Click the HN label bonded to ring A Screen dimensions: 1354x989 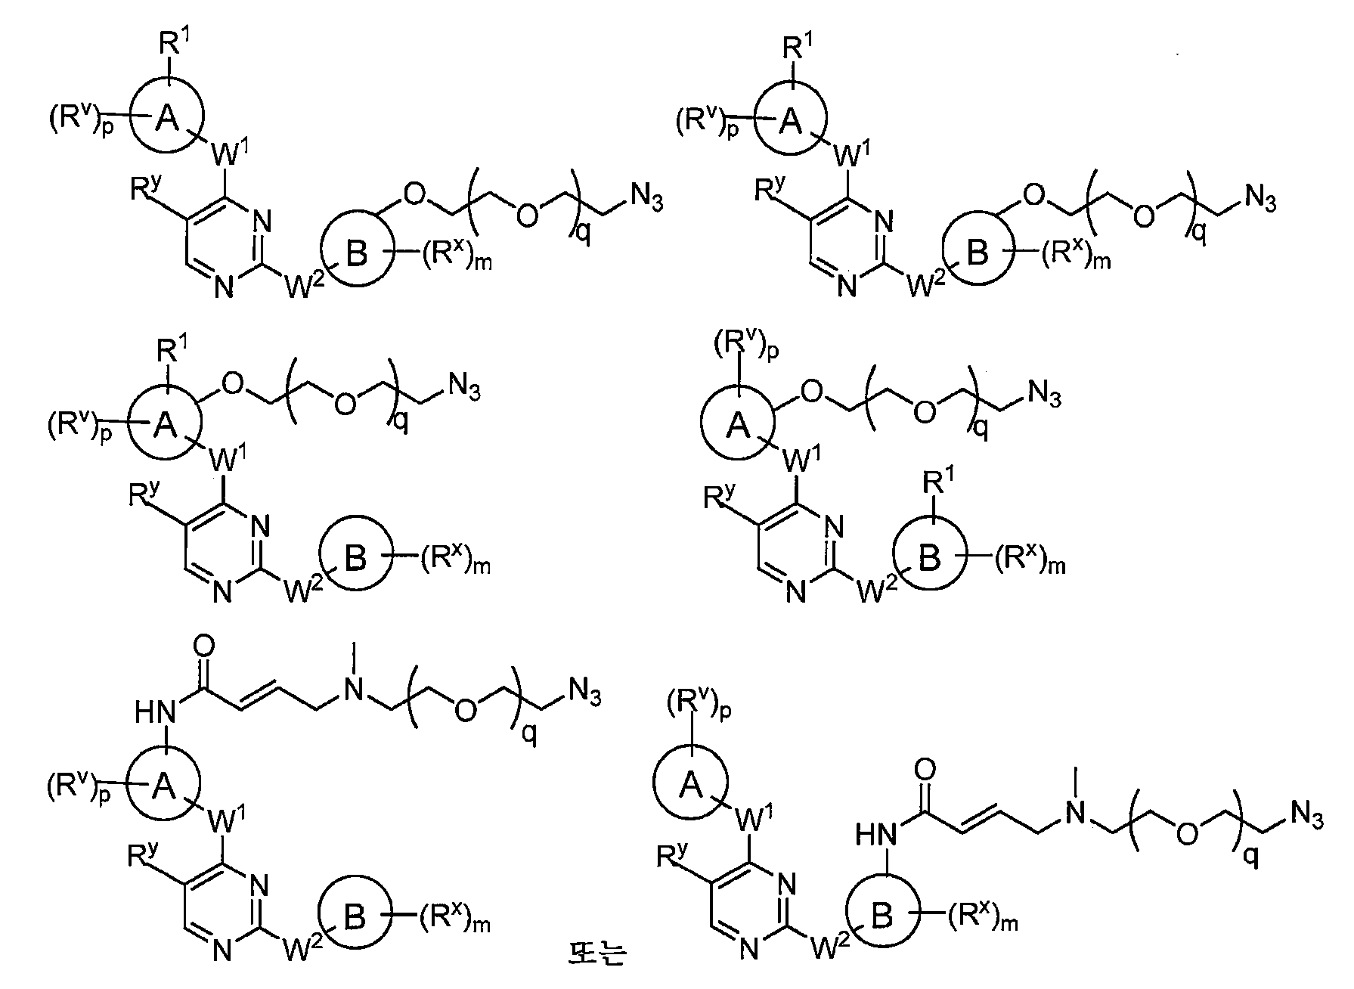click(x=153, y=711)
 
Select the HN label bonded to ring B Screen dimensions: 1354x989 click(x=875, y=835)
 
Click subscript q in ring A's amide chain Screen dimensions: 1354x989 click(x=531, y=734)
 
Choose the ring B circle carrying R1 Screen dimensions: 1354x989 click(x=929, y=558)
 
